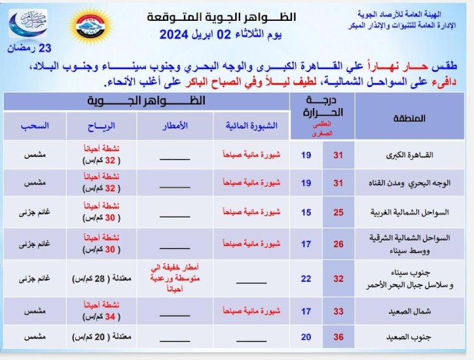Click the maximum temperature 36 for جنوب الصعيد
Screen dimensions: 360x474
pyautogui.click(x=338, y=337)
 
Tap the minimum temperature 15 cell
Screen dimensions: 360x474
pyautogui.click(x=306, y=212)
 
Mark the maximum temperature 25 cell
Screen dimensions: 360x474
pyautogui.click(x=338, y=212)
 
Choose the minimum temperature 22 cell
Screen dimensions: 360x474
pyautogui.click(x=306, y=277)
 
